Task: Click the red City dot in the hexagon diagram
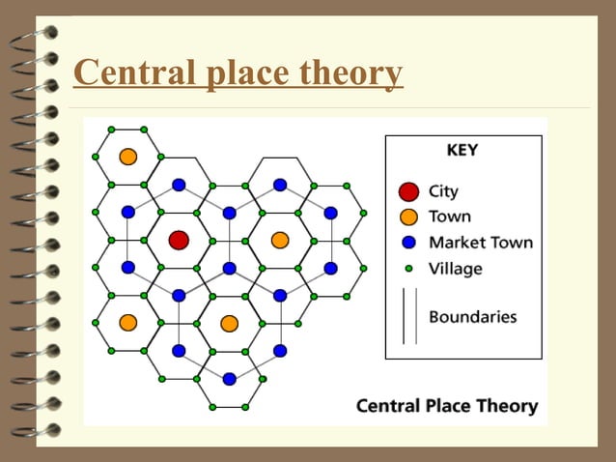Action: pyautogui.click(x=179, y=240)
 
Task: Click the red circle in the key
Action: pyautogui.click(x=409, y=191)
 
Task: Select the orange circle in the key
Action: pyautogui.click(x=409, y=217)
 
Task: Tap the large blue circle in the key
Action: pyautogui.click(x=409, y=242)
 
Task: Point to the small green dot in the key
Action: pyautogui.click(x=409, y=268)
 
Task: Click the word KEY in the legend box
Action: pyautogui.click(x=462, y=151)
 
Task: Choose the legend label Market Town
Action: pyautogui.click(x=480, y=242)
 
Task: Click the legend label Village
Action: pyautogui.click(x=455, y=268)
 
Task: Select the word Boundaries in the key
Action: pyautogui.click(x=472, y=316)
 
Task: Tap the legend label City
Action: pyautogui.click(x=443, y=191)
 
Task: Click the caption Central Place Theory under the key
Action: pyautogui.click(x=447, y=406)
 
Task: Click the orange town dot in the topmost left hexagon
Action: pyautogui.click(x=128, y=156)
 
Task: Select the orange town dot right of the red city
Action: pyautogui.click(x=280, y=240)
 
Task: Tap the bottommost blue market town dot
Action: pyautogui.click(x=229, y=379)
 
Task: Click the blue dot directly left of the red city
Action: pyautogui.click(x=128, y=267)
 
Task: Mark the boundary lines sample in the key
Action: pyautogui.click(x=409, y=316)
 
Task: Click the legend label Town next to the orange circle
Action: pyautogui.click(x=449, y=217)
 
